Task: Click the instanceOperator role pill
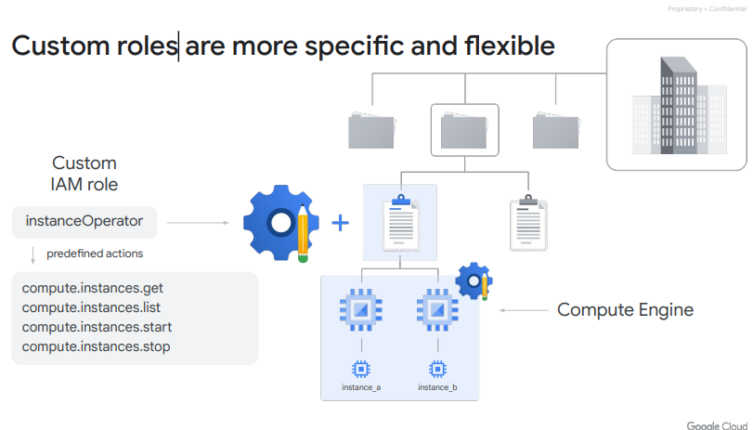tap(84, 221)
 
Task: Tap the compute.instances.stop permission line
tap(96, 346)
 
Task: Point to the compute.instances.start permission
tap(97, 327)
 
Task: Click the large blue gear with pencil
tap(276, 223)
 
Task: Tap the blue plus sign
tap(341, 223)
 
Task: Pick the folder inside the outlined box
tap(465, 131)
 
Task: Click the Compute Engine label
tap(625, 310)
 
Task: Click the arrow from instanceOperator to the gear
tap(198, 223)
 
